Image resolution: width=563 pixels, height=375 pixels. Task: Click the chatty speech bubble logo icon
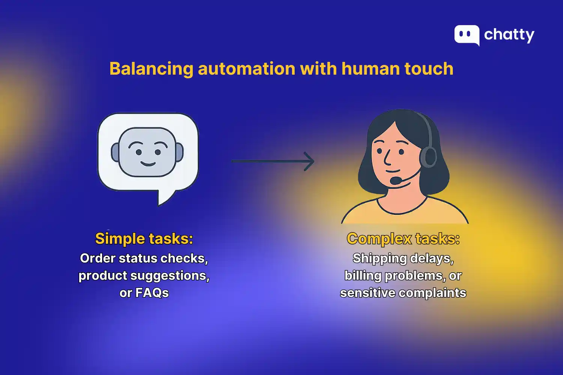pos(467,35)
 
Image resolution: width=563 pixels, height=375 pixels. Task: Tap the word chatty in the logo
pos(509,35)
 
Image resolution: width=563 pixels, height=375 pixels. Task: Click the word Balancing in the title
pos(151,69)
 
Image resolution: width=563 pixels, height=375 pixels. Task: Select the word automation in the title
pos(247,69)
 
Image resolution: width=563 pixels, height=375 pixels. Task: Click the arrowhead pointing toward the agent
pos(310,161)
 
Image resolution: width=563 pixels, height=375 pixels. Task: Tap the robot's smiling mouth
pos(148,164)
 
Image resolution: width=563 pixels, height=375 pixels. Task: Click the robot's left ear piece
pos(115,152)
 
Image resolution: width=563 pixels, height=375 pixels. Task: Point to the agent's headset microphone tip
pos(395,181)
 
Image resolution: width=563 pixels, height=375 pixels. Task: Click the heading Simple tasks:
pos(144,239)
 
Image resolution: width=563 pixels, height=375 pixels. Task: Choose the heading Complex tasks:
pos(403,239)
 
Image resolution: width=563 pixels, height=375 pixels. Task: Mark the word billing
pos(363,276)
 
